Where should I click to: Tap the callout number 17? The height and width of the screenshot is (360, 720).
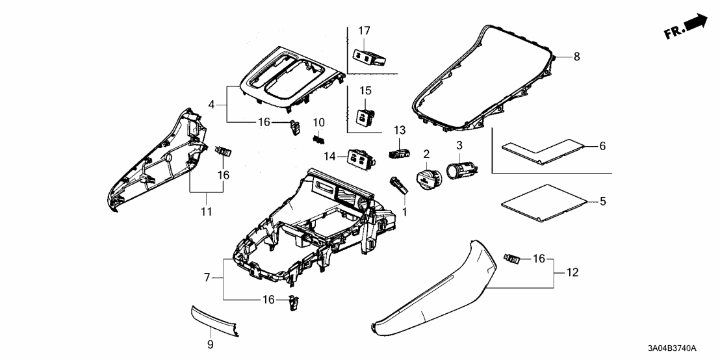(x=364, y=31)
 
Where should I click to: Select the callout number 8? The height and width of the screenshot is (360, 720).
(x=576, y=57)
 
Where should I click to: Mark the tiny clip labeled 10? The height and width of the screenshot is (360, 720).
(x=318, y=138)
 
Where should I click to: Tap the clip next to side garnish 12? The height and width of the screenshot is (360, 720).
(x=513, y=260)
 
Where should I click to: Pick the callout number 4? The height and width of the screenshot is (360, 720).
(x=211, y=104)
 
